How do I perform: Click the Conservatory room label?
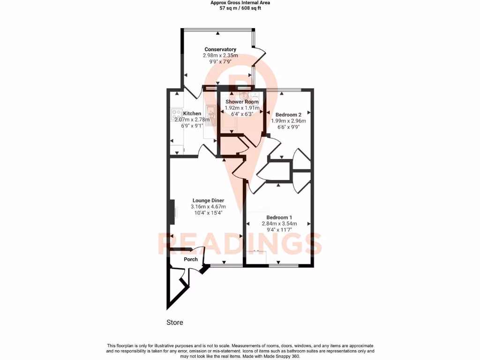pos(220,49)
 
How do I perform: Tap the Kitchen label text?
pos(192,113)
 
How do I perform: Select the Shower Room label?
pos(242,102)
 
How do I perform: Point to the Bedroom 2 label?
pos(288,115)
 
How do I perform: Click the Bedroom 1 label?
pos(279,217)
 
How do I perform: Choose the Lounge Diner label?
pos(208,201)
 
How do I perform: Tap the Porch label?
pos(191,259)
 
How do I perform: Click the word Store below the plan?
pos(175,322)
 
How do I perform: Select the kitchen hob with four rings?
pos(177,113)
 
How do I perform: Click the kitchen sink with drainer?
pos(211,114)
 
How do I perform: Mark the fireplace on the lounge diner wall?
pos(173,212)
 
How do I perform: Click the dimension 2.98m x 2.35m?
pos(220,55)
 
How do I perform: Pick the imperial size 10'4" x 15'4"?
pos(208,213)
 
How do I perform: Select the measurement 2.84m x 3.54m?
pos(279,224)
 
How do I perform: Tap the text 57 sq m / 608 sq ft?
pos(240,8)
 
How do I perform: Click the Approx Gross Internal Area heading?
pos(240,3)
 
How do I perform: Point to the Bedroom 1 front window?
pos(283,266)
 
